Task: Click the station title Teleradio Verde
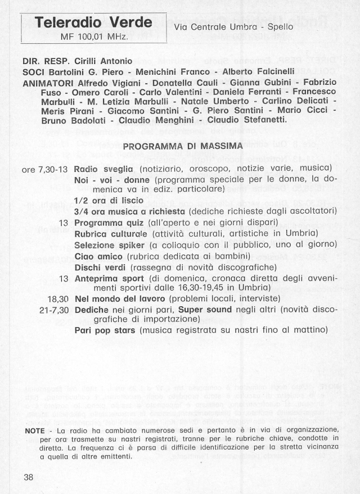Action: pyautogui.click(x=94, y=23)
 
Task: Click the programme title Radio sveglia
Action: pyautogui.click(x=103, y=169)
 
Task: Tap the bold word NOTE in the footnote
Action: pyautogui.click(x=34, y=430)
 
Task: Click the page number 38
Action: pyautogui.click(x=29, y=477)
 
